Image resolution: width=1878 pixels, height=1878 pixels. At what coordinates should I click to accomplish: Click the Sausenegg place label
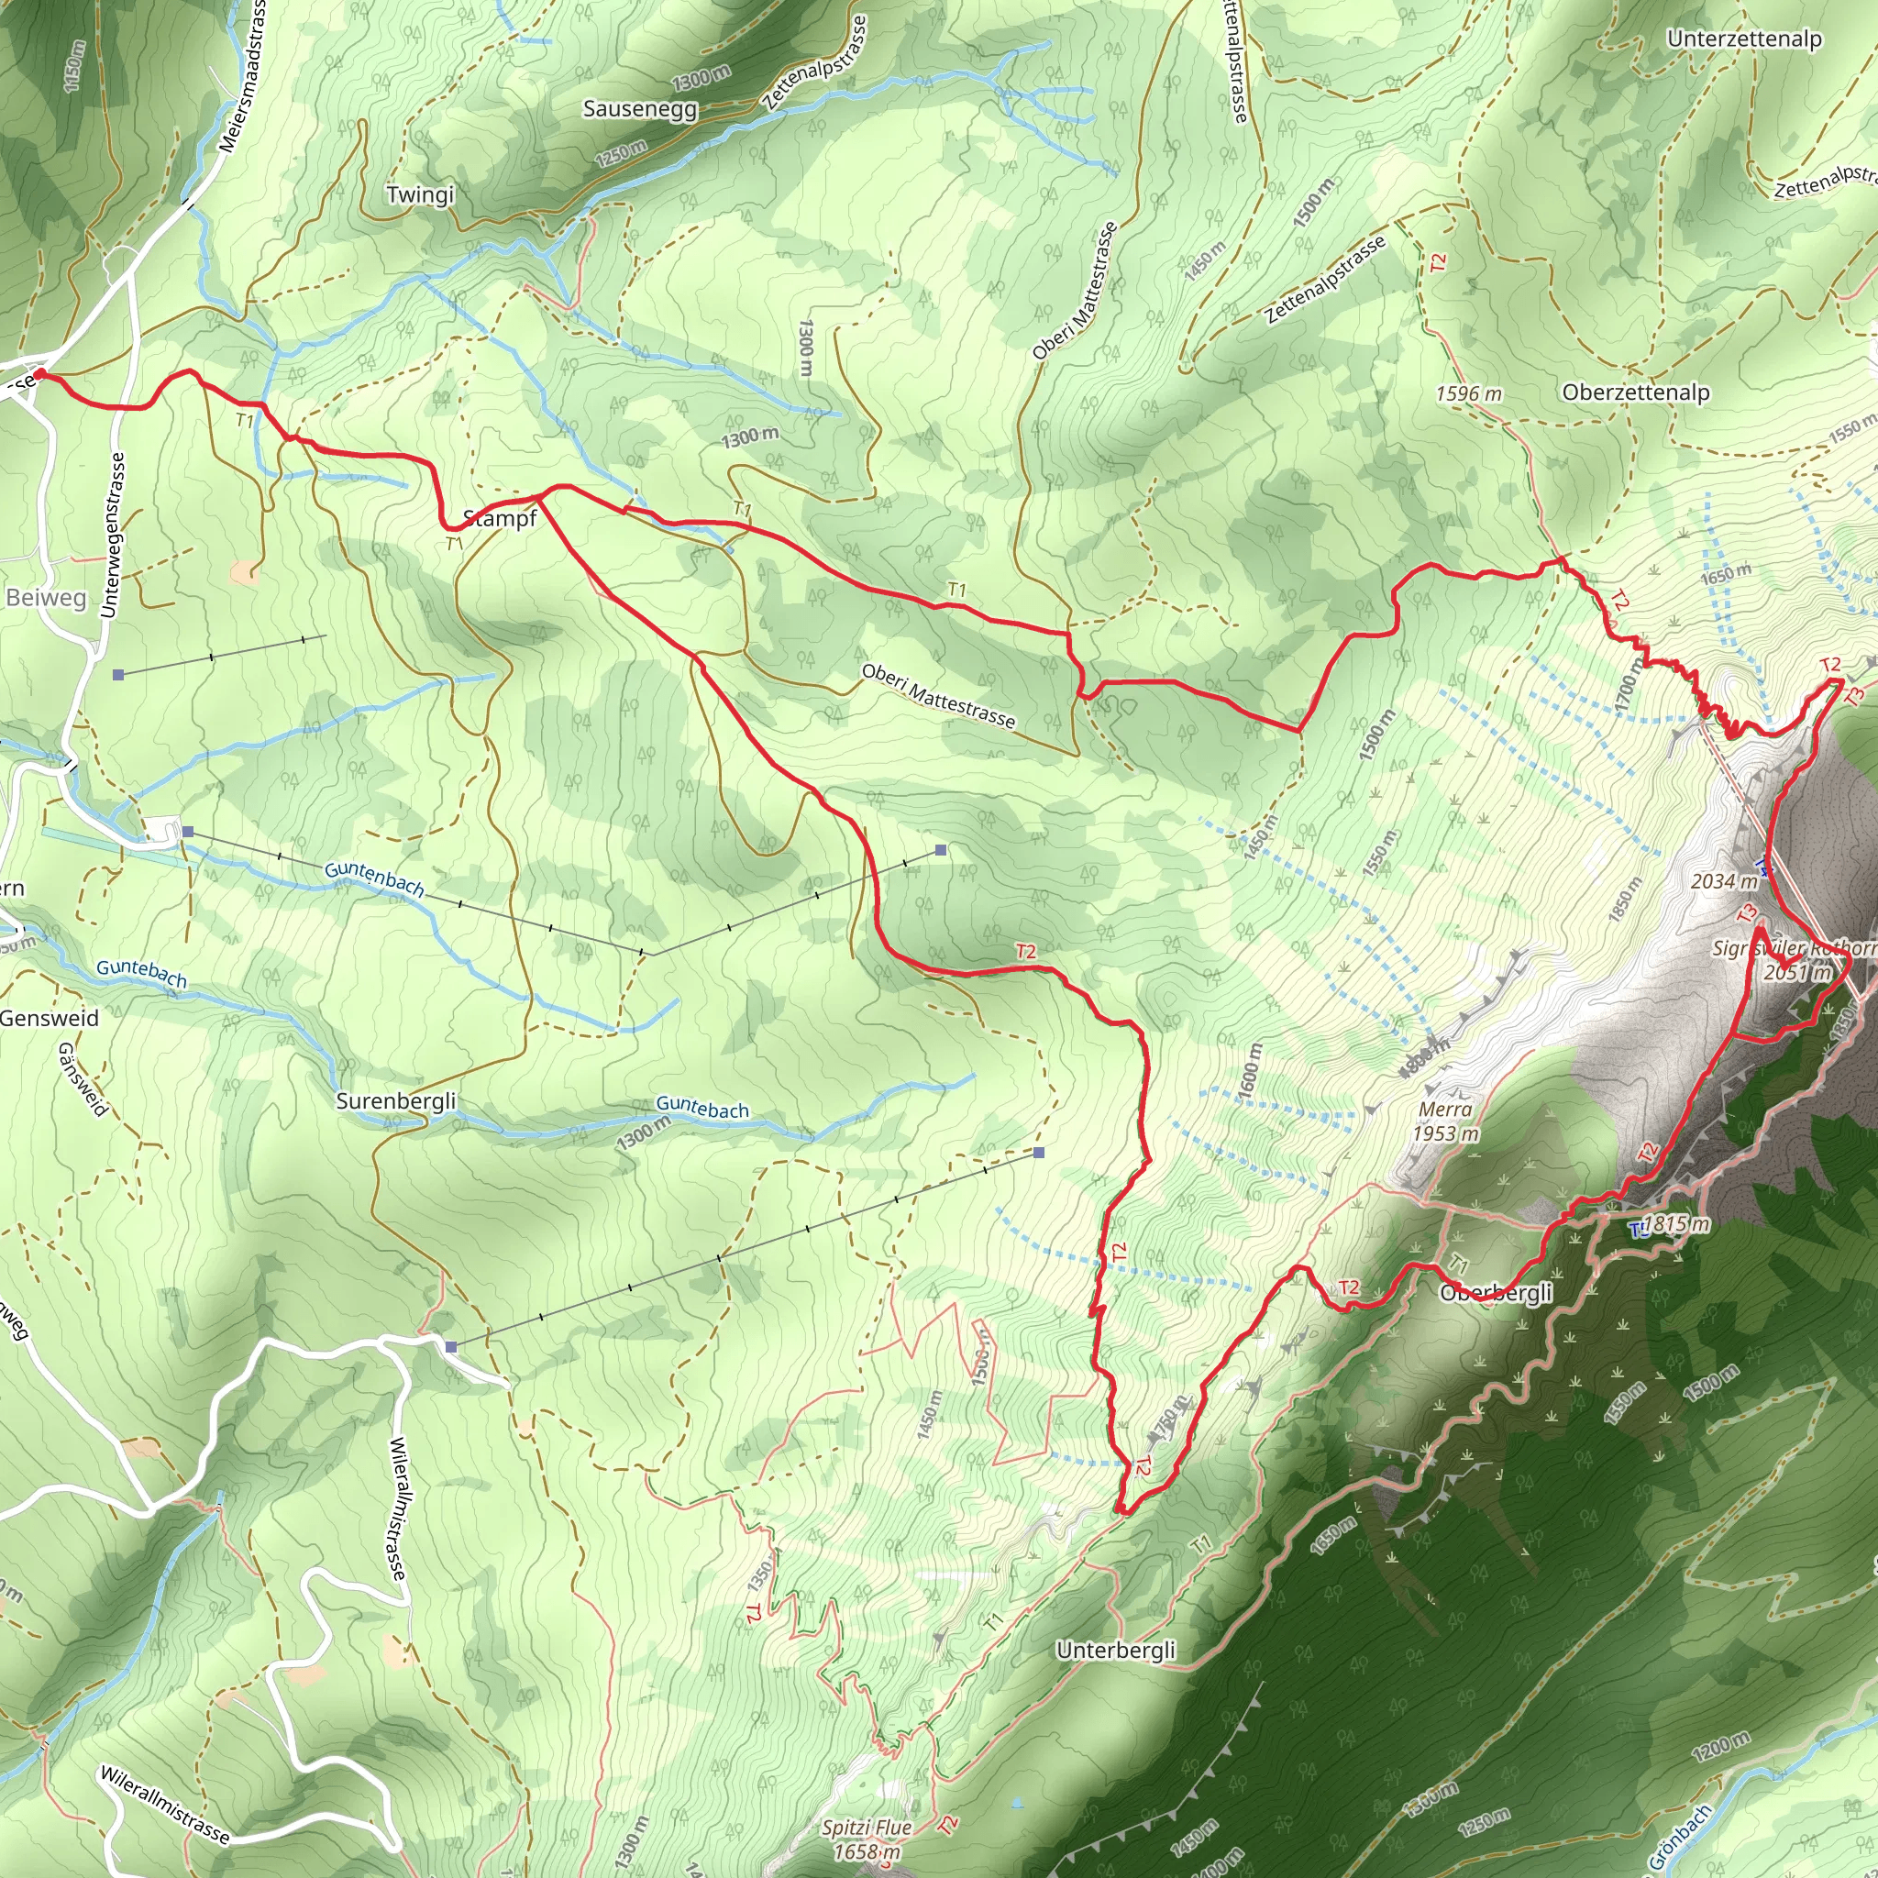coord(640,108)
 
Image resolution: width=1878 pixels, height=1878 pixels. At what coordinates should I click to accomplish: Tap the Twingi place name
coord(420,194)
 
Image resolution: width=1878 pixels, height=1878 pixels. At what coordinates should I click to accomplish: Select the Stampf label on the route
coord(500,518)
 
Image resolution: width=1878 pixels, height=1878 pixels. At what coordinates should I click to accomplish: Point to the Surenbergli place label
coord(395,1100)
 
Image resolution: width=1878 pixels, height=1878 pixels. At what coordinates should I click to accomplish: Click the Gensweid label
coord(49,1018)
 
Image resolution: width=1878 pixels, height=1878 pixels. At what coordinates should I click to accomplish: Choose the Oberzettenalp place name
coord(1635,392)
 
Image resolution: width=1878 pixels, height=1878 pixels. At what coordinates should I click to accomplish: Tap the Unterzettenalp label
coord(1744,39)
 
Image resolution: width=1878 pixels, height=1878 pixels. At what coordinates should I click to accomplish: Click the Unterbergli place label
coord(1115,1650)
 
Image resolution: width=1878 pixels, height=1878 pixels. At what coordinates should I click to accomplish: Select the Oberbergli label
coord(1496,1292)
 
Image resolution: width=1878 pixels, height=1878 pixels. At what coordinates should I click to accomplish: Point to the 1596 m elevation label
coord(1468,393)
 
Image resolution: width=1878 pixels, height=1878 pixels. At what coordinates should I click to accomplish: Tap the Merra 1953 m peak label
coord(1445,1121)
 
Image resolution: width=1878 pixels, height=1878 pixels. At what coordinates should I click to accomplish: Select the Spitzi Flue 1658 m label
coord(866,1839)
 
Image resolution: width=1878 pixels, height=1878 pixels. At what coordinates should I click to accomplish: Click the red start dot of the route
coord(39,374)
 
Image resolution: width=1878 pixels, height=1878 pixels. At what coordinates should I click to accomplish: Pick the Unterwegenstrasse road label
coord(113,535)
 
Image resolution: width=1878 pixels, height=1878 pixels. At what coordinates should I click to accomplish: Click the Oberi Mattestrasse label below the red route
coord(938,696)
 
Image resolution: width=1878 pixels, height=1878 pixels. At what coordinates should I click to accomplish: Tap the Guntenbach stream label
coord(374,878)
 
